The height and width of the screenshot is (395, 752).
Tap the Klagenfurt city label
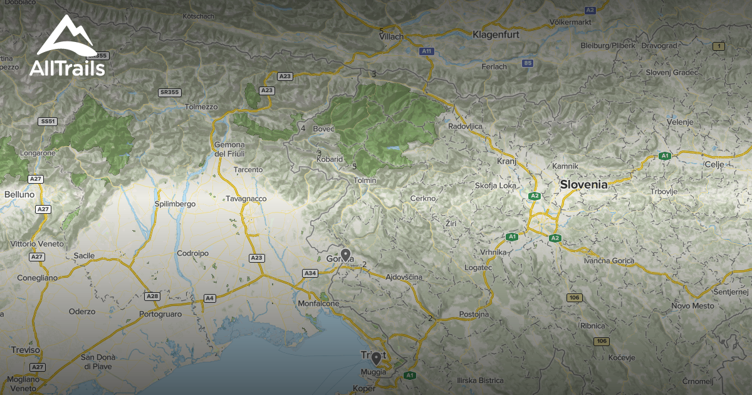496,34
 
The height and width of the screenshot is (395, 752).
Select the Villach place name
392,37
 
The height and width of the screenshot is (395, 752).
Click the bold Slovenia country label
583,184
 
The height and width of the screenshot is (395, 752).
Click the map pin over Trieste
376,359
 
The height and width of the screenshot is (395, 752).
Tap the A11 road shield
427,51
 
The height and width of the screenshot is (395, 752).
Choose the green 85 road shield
528,63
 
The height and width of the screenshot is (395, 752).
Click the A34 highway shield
310,273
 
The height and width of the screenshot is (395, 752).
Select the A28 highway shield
152,295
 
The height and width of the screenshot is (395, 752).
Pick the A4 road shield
210,298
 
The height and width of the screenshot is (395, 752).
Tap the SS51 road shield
47,121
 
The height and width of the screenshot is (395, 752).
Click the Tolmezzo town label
201,107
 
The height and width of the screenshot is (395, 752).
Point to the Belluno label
19,195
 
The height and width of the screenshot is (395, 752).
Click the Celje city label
714,164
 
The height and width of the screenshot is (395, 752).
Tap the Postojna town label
474,313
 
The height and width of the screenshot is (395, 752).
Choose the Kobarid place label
330,159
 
